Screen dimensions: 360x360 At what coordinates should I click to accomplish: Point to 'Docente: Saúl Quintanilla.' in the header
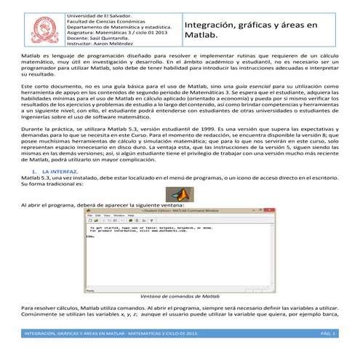pos(97,39)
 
